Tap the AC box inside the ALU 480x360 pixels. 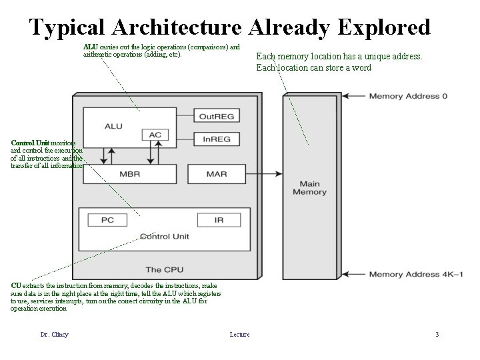(155, 135)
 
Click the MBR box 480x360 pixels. (130, 174)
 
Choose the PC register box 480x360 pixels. (108, 219)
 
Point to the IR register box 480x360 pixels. (219, 219)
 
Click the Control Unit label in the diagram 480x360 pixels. (165, 237)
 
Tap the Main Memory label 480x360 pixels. (310, 188)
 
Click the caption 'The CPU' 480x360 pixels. (163, 270)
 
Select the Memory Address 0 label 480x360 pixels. (408, 97)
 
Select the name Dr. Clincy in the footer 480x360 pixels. (54, 334)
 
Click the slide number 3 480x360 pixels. (437, 334)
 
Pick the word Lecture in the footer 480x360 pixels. (239, 334)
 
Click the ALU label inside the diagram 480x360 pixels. (113, 126)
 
